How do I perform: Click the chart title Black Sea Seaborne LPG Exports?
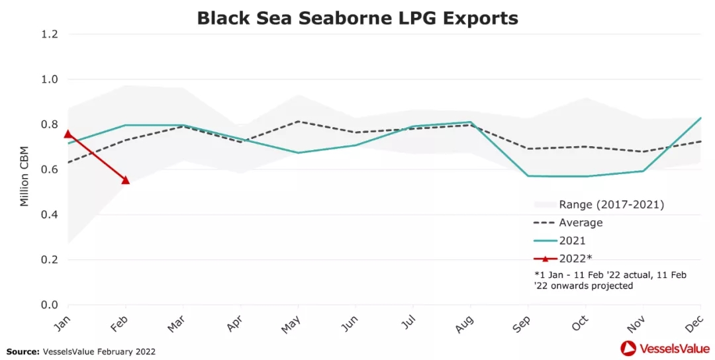(358, 18)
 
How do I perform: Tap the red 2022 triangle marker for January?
(68, 134)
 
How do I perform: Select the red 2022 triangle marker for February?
(125, 180)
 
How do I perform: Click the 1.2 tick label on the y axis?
(50, 34)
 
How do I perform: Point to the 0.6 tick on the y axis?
(50, 169)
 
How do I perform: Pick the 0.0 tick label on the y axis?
(50, 305)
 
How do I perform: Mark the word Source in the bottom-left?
(23, 351)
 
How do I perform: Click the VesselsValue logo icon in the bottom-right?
(628, 348)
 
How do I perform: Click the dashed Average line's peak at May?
(298, 121)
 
